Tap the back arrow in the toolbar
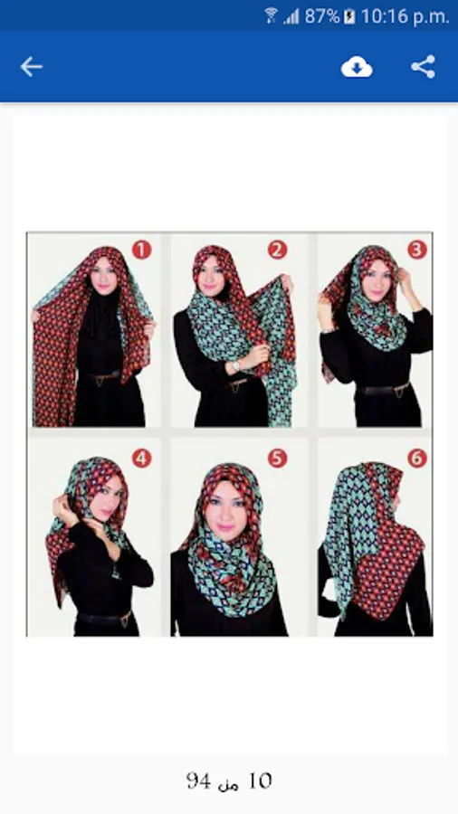click(x=31, y=67)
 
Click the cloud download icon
click(x=357, y=67)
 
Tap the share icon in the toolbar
click(x=424, y=67)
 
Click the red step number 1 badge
click(x=141, y=250)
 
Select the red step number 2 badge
click(x=277, y=250)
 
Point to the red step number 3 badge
click(x=417, y=250)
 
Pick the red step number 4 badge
click(x=141, y=459)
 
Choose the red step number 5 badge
click(x=277, y=459)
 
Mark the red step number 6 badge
click(x=417, y=459)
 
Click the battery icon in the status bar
click(x=349, y=16)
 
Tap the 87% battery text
click(x=322, y=16)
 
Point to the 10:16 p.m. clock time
click(x=405, y=17)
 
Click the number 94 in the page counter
click(x=198, y=781)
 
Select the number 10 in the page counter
click(x=260, y=781)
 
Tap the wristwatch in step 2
click(x=236, y=366)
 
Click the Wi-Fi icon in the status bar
click(x=271, y=15)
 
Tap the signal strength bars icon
click(x=291, y=16)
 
